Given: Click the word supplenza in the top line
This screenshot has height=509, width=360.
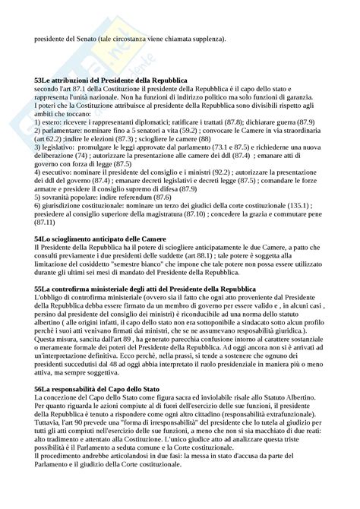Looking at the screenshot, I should click(207, 40).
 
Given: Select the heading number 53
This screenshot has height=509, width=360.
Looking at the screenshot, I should click(39, 80).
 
